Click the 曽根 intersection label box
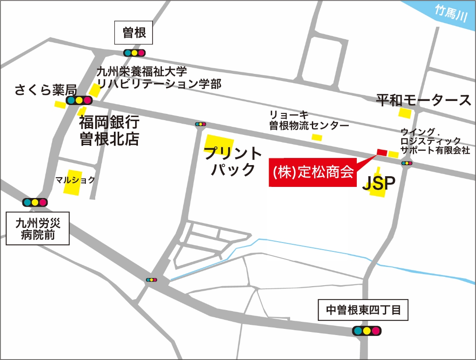click(x=134, y=32)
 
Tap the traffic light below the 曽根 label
click(x=134, y=53)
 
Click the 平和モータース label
click(x=424, y=100)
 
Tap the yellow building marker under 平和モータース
click(x=404, y=113)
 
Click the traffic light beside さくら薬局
click(x=79, y=101)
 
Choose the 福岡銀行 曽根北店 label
click(x=109, y=130)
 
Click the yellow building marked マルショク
click(x=73, y=182)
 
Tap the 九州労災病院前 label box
click(x=37, y=229)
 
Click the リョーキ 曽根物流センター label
click(x=309, y=120)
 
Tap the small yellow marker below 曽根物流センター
click(x=317, y=138)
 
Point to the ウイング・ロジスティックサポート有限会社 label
click(x=435, y=141)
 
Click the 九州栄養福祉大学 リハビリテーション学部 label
click(x=159, y=77)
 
